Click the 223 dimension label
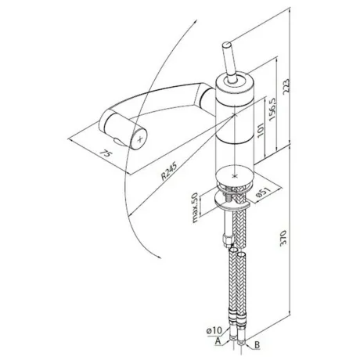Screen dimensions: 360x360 [x=286, y=85]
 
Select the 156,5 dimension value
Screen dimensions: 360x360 [x=272, y=108]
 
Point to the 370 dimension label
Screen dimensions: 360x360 [x=283, y=238]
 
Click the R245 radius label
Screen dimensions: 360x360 [x=169, y=171]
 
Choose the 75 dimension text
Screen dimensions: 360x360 [x=106, y=153]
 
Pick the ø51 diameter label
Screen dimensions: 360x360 [x=263, y=193]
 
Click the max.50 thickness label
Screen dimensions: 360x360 [x=195, y=207]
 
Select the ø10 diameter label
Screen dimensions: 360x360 [x=214, y=331]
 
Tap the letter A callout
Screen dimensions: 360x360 [x=218, y=340]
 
